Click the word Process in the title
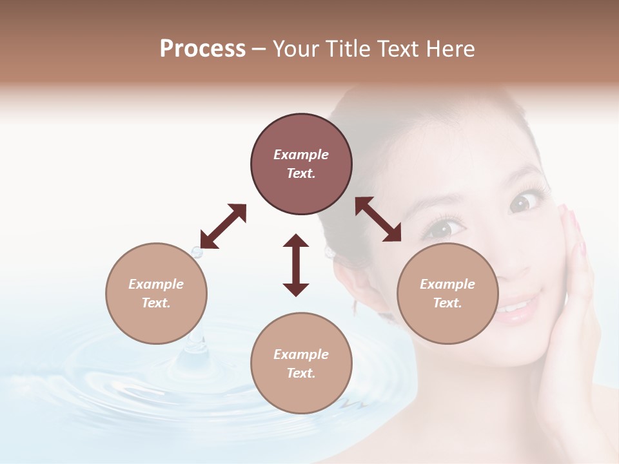tap(202, 49)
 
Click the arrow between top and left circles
tap(223, 226)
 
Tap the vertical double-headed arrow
tap(296, 265)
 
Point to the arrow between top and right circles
tap(378, 219)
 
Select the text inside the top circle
tap(301, 164)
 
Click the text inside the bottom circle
tap(301, 363)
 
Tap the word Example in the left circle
tap(156, 284)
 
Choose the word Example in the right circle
tap(447, 284)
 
